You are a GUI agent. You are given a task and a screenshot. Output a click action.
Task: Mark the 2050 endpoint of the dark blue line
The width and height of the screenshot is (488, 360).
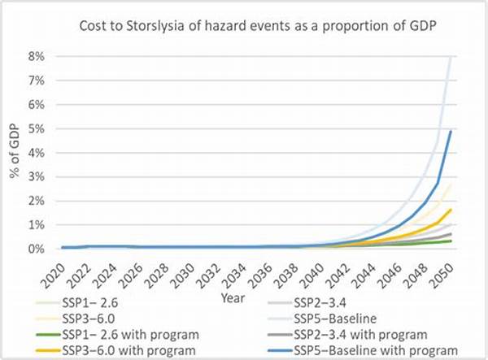(451, 132)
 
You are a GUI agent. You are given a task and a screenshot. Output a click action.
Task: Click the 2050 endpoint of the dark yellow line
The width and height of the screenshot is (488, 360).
(451, 210)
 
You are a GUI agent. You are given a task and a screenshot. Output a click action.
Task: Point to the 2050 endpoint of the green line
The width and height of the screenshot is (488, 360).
(451, 241)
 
